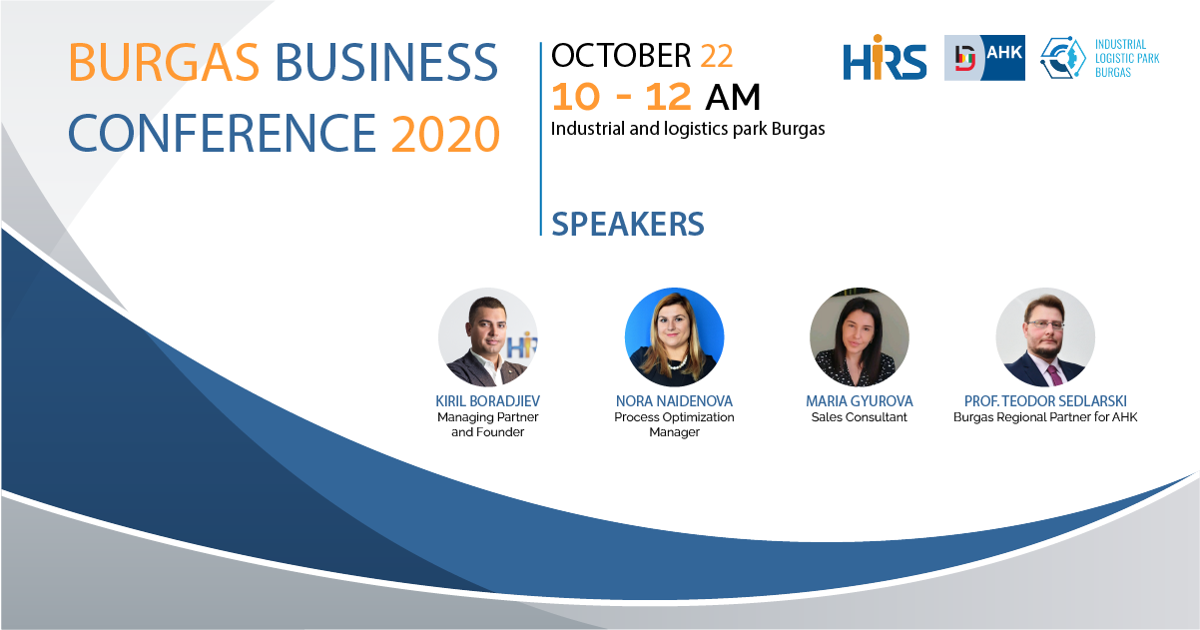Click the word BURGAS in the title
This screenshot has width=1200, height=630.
(164, 62)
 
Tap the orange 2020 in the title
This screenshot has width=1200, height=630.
(445, 134)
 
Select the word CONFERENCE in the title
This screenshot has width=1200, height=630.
(223, 134)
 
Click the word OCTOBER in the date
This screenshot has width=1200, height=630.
(621, 56)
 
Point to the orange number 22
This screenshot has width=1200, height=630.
(716, 56)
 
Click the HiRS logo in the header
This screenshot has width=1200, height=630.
(885, 58)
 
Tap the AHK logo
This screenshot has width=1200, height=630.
(984, 58)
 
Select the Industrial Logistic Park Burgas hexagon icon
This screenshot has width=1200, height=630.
(1063, 58)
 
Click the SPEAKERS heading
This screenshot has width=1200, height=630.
(628, 224)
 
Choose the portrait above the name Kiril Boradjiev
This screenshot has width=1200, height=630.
(487, 336)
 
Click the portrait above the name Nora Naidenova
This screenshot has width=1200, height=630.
(674, 336)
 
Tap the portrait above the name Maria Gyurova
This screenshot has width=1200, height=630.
(860, 336)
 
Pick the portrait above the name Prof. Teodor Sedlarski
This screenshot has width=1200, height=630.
(1045, 336)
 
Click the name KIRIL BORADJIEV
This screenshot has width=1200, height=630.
(487, 401)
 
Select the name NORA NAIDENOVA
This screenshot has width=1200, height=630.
(674, 401)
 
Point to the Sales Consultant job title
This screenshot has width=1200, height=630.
(860, 417)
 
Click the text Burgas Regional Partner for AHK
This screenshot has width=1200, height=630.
(1045, 417)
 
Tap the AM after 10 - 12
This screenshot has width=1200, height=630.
(733, 98)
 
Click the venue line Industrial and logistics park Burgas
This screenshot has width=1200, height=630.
(688, 129)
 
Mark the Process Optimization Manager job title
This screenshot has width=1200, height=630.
(674, 424)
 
